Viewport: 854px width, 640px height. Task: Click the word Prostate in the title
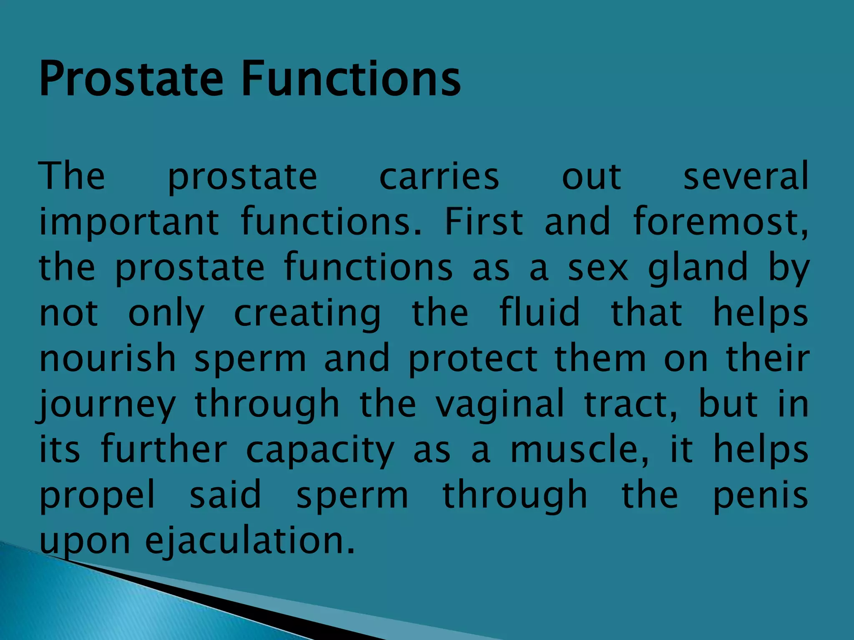131,79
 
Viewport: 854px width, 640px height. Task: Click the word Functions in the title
351,79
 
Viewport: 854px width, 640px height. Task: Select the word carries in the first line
439,177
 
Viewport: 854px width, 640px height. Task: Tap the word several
746,177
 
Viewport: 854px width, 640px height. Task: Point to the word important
129,222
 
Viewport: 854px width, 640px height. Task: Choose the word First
484,222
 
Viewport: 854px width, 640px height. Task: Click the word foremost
721,222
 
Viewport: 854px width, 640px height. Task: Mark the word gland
698,268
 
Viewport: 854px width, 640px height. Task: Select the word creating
307,314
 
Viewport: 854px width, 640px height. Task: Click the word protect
473,359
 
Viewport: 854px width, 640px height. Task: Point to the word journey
107,405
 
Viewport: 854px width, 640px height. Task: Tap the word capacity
320,451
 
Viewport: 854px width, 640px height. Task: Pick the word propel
97,496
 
